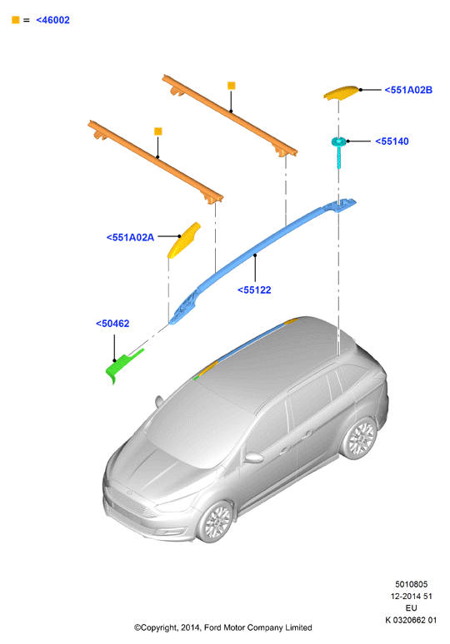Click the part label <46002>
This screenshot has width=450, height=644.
[x=53, y=20]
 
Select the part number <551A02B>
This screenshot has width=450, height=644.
[x=408, y=90]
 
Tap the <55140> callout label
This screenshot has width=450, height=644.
[x=392, y=141]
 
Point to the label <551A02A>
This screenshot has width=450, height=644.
[x=130, y=237]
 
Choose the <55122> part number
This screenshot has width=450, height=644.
[x=254, y=290]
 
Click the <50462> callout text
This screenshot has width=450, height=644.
[x=112, y=324]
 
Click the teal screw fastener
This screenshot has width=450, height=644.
[x=338, y=151]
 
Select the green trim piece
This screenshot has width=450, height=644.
[x=123, y=364]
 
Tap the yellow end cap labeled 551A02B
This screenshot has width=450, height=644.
[x=341, y=93]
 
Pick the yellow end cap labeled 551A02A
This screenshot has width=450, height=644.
[x=184, y=240]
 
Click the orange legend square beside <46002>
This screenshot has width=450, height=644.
[x=16, y=20]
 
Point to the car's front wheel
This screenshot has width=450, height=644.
[x=216, y=522]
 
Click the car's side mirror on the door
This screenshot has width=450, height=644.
[x=253, y=458]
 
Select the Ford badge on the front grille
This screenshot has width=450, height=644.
[x=128, y=493]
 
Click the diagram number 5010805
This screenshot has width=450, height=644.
[x=412, y=584]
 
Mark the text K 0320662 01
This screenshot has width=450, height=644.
[x=411, y=620]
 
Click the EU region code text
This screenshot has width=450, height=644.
[x=412, y=608]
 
